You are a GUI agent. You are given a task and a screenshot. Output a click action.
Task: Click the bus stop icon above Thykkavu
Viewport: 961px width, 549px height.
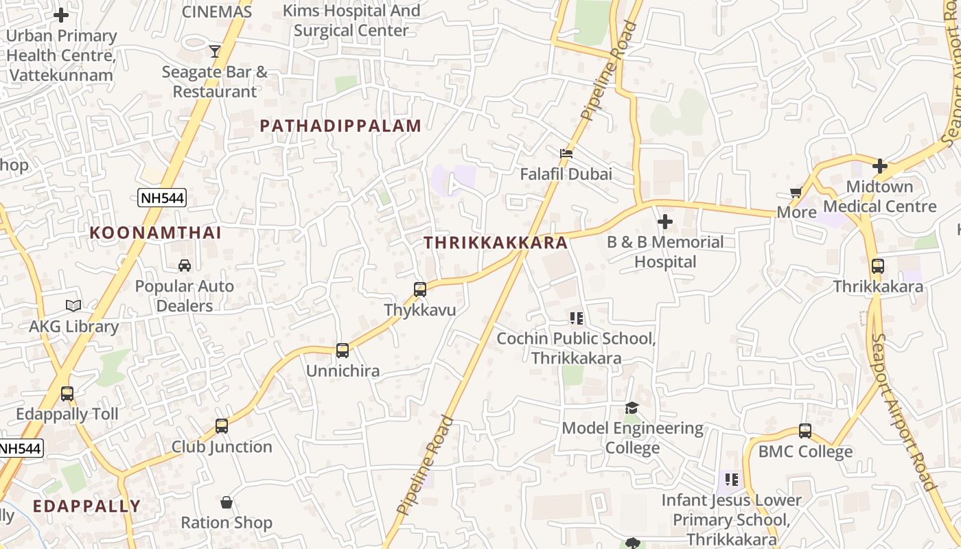420,290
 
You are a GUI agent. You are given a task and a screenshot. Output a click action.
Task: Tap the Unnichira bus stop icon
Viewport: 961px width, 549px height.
343,351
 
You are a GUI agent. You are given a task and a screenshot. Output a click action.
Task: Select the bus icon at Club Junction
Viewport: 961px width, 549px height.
222,426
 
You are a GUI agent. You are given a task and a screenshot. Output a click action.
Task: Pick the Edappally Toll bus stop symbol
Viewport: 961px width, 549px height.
67,394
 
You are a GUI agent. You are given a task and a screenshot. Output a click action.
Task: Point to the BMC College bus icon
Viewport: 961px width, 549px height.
805,431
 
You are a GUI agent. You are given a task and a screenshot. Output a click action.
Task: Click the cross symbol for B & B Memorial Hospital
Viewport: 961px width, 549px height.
664,222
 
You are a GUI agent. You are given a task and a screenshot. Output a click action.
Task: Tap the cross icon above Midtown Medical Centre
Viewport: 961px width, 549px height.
880,166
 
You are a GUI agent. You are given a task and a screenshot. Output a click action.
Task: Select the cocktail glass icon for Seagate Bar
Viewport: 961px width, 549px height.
215,51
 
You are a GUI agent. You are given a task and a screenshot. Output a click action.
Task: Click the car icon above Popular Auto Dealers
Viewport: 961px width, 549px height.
184,266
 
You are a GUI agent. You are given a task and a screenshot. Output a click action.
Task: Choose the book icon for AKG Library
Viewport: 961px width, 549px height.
73,306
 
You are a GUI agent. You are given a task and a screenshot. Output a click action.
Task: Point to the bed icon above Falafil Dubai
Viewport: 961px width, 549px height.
566,153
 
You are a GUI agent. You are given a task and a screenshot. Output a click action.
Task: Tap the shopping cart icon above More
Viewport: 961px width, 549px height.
796,192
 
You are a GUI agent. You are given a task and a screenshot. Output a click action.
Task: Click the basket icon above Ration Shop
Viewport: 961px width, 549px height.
227,502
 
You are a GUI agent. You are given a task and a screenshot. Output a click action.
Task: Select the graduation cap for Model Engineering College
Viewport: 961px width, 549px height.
632,408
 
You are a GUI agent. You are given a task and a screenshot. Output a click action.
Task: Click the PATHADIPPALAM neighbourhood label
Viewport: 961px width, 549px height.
340,126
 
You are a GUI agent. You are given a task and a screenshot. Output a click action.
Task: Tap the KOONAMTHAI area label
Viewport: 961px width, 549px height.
156,233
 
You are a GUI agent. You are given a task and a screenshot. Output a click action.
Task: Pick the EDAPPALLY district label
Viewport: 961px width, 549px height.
87,506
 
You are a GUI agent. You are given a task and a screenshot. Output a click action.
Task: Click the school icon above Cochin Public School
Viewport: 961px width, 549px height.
577,318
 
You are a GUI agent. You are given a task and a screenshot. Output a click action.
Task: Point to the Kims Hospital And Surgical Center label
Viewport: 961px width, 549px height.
351,21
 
